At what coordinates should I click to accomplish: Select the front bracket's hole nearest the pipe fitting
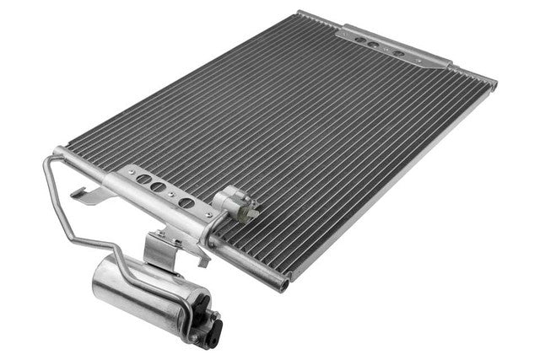click(187, 203)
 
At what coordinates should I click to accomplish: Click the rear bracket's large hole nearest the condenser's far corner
click(398, 52)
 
